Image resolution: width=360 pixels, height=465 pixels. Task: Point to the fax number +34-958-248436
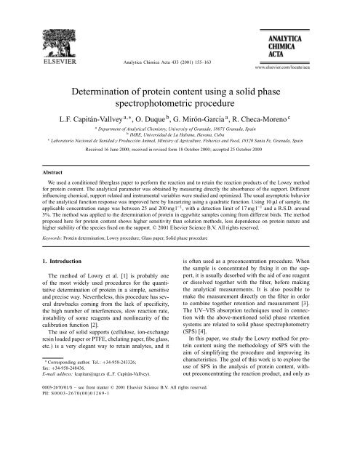tap(52, 427)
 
